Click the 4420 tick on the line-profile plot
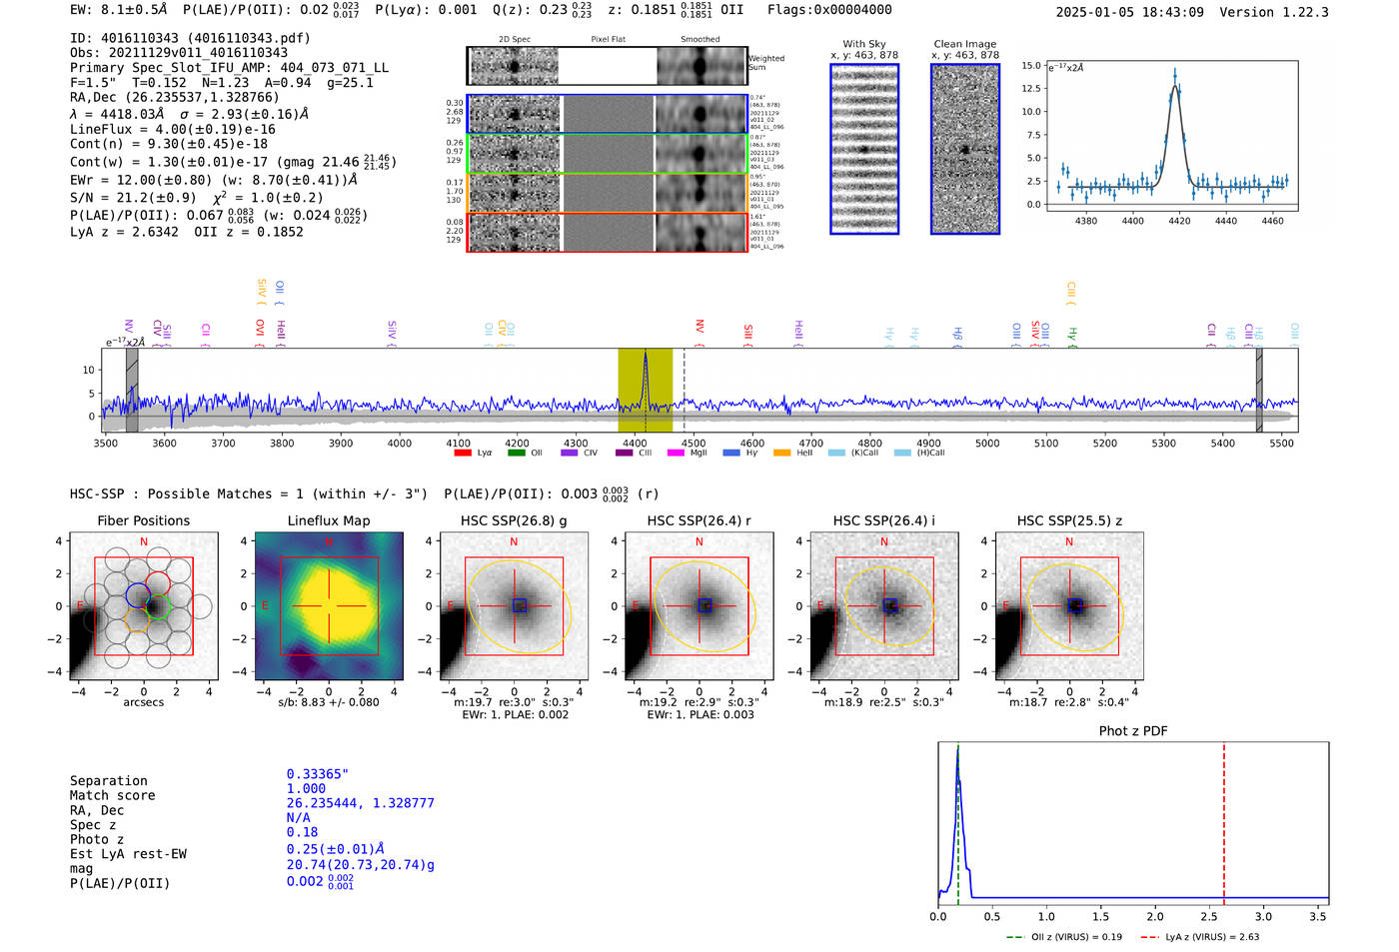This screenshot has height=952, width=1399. [1179, 221]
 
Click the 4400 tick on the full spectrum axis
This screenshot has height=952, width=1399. [400, 444]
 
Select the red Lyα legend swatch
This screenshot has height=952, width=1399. [463, 454]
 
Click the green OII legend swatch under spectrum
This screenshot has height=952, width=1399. [516, 454]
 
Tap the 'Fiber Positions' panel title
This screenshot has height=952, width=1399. [143, 520]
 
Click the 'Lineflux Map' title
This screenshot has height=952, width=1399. [329, 520]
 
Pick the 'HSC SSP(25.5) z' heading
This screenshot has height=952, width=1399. [1069, 520]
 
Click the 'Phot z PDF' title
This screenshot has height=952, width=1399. [1133, 731]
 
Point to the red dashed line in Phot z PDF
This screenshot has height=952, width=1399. [1224, 819]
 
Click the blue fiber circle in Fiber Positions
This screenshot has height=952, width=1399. [138, 596]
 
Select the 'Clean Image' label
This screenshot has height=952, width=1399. [964, 44]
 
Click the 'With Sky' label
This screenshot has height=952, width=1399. [864, 44]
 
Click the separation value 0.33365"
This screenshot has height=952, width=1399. [317, 774]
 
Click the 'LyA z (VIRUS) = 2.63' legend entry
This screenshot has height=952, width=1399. [1204, 937]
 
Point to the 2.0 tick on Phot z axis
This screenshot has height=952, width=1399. [1155, 916]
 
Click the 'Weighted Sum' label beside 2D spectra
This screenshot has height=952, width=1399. [766, 63]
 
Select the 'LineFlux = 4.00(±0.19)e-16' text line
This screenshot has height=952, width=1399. [173, 129]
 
